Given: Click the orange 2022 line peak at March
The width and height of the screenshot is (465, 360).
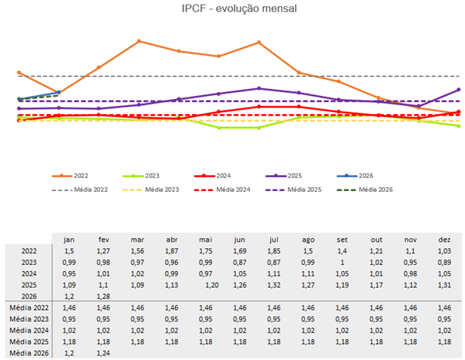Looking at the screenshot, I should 139,41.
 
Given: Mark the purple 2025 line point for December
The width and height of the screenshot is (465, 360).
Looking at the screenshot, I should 459,90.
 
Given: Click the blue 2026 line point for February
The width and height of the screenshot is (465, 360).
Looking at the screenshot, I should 59,92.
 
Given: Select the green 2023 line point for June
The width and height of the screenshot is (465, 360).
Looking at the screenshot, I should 219,128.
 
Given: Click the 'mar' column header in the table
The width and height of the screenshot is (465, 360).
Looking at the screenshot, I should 136,238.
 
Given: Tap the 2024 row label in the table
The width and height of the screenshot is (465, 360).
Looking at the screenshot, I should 29,272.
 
